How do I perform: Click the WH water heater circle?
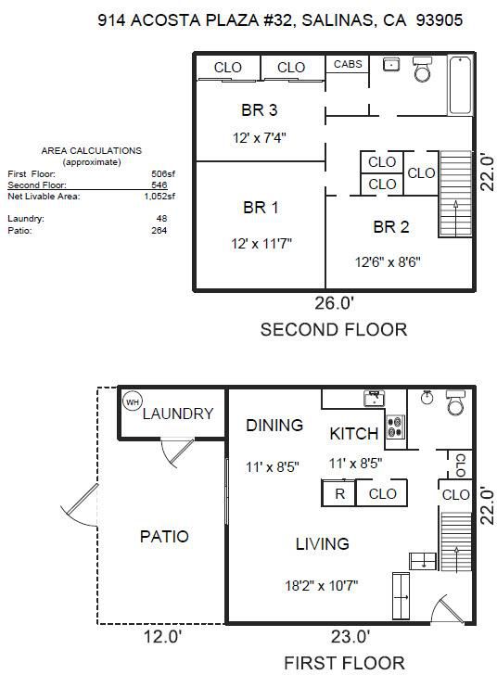tap(132, 401)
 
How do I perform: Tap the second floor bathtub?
tap(460, 85)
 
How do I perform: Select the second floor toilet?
tap(422, 69)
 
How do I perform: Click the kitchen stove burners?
tap(394, 427)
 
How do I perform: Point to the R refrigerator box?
tap(339, 493)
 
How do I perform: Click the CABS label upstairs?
tap(348, 64)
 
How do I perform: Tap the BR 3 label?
tap(260, 110)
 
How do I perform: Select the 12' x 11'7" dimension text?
tap(261, 244)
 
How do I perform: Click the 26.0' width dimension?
tap(334, 303)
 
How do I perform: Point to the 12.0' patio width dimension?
tap(163, 636)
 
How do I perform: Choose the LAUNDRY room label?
tap(178, 414)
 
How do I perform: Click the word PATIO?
tap(164, 536)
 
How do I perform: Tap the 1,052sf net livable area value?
tap(159, 197)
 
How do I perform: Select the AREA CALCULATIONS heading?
tap(91, 150)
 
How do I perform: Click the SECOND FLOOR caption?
tap(334, 330)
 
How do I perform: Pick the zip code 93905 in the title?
tap(440, 19)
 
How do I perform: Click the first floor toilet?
tap(455, 402)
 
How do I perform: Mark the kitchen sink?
tap(375, 399)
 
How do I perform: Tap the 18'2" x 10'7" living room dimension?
tap(321, 586)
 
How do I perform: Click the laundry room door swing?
tap(176, 452)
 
